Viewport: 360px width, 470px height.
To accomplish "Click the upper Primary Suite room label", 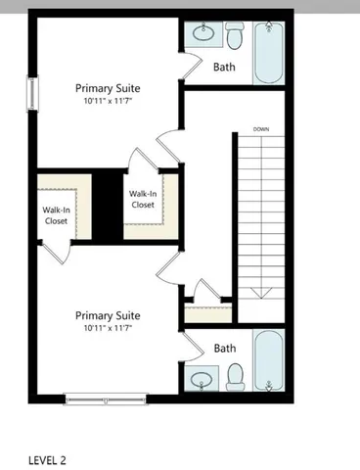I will click(108, 87).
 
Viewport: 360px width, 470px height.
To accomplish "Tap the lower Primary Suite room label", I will click(108, 315).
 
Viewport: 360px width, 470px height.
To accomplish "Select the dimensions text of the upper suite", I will click(108, 101).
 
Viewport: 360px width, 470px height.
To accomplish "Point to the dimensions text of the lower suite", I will click(108, 329).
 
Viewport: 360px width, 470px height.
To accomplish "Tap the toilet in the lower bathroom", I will click(234, 375).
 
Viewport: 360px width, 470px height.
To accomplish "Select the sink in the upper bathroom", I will click(203, 36).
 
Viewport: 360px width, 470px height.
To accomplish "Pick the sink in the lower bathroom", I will click(203, 377).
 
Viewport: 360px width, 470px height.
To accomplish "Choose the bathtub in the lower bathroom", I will click(269, 360).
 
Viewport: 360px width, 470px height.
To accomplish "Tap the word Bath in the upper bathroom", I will click(224, 68).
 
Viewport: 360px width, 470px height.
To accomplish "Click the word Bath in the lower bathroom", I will click(225, 348).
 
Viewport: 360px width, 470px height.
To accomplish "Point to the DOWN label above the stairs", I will click(261, 129).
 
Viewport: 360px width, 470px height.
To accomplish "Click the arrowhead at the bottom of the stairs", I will click(261, 292).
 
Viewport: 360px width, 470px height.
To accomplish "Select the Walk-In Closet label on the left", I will click(55, 215).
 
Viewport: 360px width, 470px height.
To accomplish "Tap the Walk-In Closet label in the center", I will click(143, 199).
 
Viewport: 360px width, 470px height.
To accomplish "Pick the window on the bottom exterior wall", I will click(106, 397).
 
